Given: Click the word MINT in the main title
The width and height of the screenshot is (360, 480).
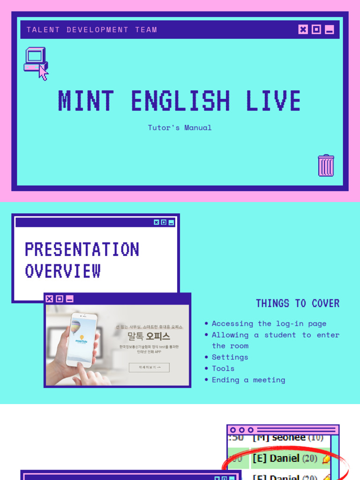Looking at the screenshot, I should pos(86,101).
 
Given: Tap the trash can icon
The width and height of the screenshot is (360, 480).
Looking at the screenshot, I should pos(326,165).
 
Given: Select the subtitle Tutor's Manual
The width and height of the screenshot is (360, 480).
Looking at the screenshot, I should pos(180,127).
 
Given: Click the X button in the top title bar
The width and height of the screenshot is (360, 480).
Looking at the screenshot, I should pos(303,30).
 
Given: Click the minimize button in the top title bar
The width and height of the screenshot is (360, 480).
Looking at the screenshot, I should pos(330,30).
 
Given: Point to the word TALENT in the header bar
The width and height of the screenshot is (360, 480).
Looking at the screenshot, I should pos(43,30).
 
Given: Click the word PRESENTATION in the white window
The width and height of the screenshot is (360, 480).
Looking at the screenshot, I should pos(82,249).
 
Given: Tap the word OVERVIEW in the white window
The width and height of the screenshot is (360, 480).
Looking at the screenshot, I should pos(63,271).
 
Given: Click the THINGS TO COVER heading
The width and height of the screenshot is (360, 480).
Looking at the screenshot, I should pos(298,303).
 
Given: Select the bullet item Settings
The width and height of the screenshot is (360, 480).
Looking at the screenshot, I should pos(230,357).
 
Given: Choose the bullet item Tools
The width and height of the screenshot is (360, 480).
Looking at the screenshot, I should pos(223,368).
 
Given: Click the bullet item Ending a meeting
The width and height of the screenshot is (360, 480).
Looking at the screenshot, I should pos(248,380).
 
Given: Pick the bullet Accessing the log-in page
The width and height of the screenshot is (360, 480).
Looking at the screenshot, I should pos(269,323).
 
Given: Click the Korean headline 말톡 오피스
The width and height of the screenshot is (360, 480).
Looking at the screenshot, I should pos(149,336).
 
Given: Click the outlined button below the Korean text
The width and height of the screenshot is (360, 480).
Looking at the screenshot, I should pos(149,367).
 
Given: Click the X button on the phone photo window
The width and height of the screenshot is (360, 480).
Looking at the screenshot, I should pos(49,299).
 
